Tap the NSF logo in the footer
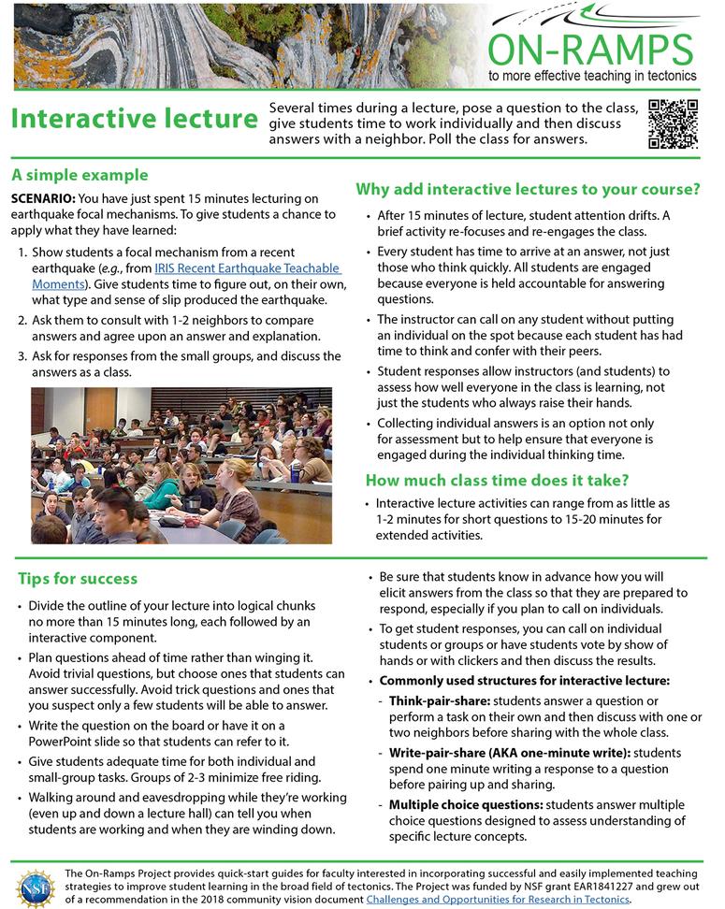[x=35, y=887]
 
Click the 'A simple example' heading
[x=80, y=175]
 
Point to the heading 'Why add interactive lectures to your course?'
[x=528, y=190]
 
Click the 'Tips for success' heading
[x=78, y=579]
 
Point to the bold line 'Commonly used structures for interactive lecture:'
[x=524, y=680]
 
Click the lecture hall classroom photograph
[x=181, y=466]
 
